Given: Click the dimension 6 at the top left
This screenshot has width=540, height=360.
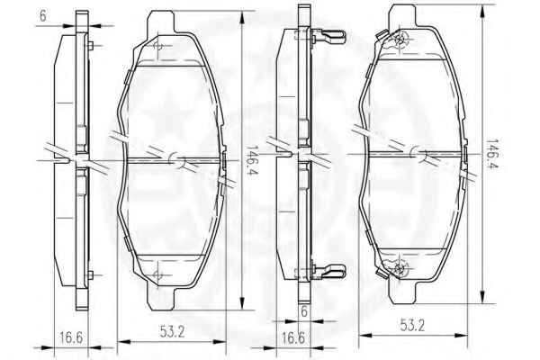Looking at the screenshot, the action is point(42,16).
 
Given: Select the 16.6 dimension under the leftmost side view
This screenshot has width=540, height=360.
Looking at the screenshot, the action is point(71,337).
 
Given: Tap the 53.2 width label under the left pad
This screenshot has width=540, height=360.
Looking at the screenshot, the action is point(172,332).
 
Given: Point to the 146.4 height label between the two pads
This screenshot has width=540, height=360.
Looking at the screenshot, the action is point(252,160).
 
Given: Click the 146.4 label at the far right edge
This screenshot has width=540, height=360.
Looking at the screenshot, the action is point(493,154).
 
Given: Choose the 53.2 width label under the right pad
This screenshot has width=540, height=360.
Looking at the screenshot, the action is point(412,325).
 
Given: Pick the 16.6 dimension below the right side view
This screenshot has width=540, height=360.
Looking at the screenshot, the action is point(293,338).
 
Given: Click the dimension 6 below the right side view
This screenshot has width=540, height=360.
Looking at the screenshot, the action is point(304,311).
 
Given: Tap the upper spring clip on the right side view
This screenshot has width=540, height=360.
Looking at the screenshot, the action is point(328,37).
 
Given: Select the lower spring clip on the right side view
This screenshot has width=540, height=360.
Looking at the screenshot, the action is point(328,271).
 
